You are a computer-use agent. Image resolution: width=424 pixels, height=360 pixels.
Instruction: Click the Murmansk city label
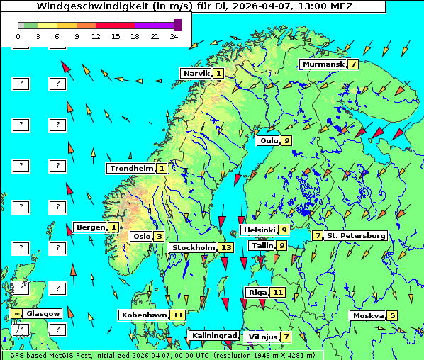323,64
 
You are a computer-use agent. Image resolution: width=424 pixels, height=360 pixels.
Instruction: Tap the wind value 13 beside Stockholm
226,247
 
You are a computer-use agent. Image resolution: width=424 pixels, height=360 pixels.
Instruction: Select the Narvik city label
196,73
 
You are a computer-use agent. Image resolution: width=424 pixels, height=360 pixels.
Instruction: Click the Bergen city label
90,227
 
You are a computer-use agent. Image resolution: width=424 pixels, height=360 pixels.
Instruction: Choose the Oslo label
141,236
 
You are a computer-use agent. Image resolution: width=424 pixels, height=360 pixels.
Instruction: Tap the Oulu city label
269,140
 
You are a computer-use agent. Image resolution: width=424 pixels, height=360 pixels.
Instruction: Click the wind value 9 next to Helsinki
283,230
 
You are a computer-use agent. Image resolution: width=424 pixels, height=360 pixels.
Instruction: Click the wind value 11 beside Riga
277,292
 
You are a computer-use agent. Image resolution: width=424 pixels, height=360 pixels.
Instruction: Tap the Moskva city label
368,315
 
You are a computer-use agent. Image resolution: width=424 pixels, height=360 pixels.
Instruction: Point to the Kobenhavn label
143,314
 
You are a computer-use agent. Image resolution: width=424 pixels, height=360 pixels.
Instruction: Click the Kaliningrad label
213,335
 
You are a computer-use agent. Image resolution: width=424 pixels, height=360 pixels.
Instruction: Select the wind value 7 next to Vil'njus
286,337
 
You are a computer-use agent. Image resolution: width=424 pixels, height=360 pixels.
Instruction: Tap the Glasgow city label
43,313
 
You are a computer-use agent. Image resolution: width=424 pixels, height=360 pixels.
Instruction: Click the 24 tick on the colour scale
173,35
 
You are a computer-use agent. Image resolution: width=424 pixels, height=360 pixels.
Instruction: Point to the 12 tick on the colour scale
96,35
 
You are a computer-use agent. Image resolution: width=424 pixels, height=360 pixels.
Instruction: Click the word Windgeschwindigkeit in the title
84,6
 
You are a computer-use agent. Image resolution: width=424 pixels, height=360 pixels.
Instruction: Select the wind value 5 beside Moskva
392,315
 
